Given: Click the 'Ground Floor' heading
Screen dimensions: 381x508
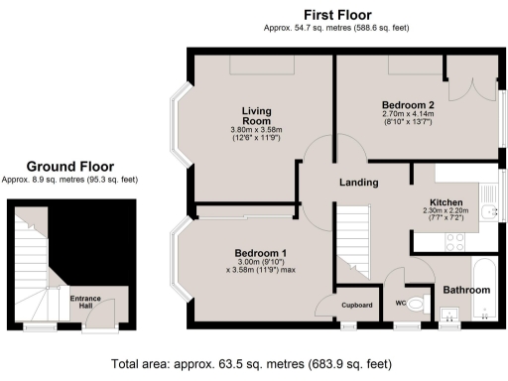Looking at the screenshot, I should click(x=69, y=167).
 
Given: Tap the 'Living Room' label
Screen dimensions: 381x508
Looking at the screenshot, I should click(x=257, y=115).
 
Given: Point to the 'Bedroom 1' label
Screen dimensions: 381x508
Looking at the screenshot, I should click(x=261, y=252).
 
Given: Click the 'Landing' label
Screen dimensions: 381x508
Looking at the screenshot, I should click(x=358, y=182).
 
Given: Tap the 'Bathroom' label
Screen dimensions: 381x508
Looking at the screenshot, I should click(x=466, y=290).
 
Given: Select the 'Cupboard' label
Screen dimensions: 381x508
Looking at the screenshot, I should click(x=356, y=305).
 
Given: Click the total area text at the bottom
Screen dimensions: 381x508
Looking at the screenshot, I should click(x=257, y=363).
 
